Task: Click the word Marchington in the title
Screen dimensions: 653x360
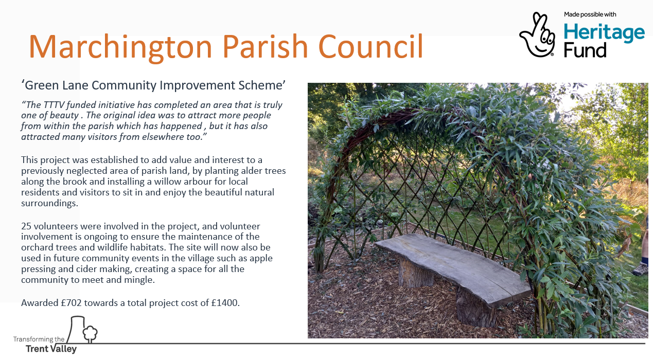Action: (120, 47)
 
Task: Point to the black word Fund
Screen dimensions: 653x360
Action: (585, 50)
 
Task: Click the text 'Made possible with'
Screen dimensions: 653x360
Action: (590, 14)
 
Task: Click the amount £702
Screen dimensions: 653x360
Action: (71, 303)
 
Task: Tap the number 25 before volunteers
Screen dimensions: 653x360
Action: (26, 226)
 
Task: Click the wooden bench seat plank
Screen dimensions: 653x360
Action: (452, 268)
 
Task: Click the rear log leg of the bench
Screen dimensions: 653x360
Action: (415, 273)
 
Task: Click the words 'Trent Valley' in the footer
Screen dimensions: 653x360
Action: (51, 349)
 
